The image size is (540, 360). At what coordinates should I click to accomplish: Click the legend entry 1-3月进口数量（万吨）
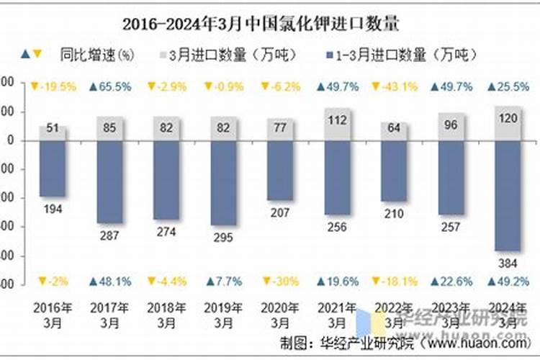(x=400, y=55)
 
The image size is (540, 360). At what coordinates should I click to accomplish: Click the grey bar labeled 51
(x=53, y=134)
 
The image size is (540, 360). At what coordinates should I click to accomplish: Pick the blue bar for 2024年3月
(x=508, y=195)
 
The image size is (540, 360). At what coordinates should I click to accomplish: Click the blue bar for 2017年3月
(x=109, y=181)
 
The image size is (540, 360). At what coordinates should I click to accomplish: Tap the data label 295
(x=223, y=237)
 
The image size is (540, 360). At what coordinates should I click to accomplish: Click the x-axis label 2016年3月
(x=53, y=314)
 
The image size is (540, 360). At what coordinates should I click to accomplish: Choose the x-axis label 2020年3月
(x=280, y=314)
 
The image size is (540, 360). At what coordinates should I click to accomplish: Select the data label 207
(x=280, y=212)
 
